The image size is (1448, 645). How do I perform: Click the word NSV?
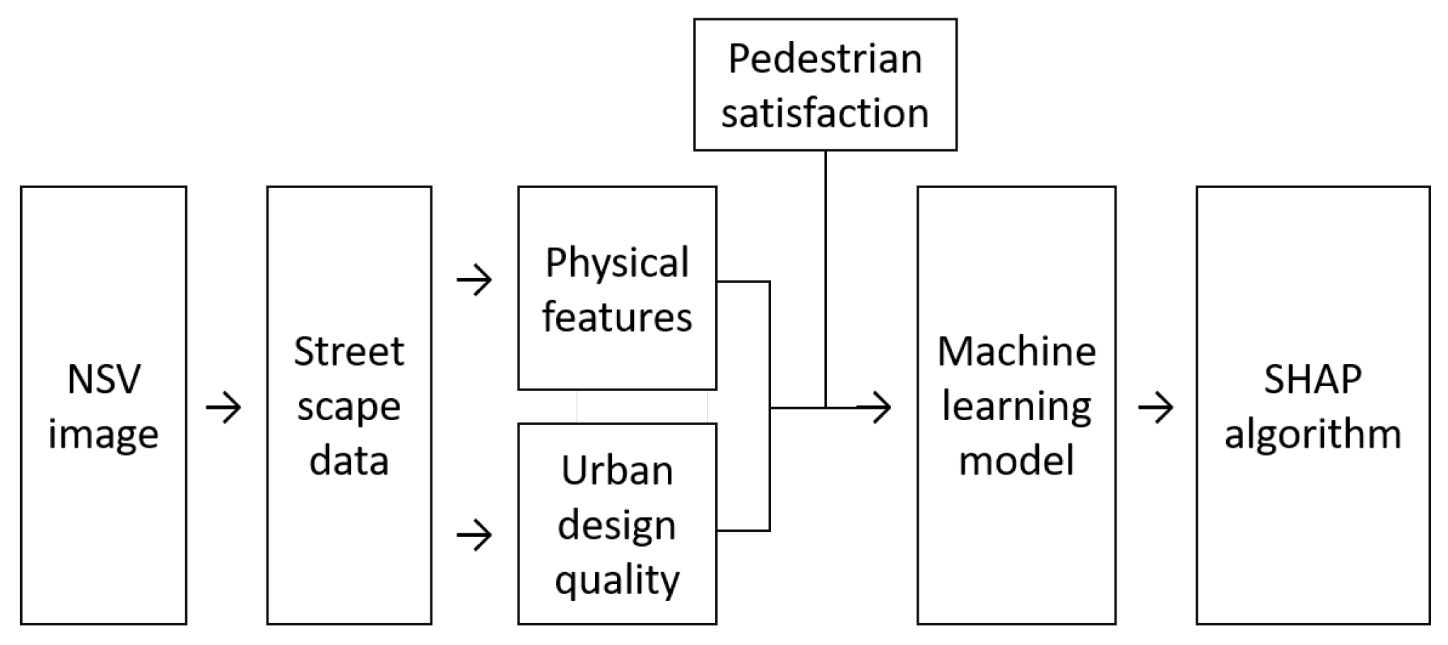[x=103, y=380]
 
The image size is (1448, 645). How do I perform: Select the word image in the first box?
[x=103, y=434]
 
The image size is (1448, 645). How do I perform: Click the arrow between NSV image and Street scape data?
[x=223, y=408]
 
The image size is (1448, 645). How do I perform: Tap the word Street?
[x=348, y=351]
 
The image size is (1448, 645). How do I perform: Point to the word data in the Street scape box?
[x=348, y=461]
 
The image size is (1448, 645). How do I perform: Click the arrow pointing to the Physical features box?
[x=474, y=281]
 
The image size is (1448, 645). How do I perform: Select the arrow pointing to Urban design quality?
[x=474, y=535]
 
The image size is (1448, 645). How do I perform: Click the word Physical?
[x=617, y=264]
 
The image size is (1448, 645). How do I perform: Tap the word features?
[x=617, y=317]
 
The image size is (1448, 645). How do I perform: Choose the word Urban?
[x=617, y=471]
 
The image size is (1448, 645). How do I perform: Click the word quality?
[x=617, y=581]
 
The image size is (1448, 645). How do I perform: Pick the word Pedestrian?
[x=825, y=59]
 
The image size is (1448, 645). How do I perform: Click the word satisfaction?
[x=825, y=113]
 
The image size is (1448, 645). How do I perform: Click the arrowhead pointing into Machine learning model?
[x=879, y=408]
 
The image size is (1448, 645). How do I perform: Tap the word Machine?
[x=1016, y=351]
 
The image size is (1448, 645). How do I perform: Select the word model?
[x=1016, y=461]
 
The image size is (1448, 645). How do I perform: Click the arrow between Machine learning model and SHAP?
[x=1155, y=408]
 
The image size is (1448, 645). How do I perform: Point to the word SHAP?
[x=1312, y=380]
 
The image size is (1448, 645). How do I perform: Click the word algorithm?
[x=1312, y=434]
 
